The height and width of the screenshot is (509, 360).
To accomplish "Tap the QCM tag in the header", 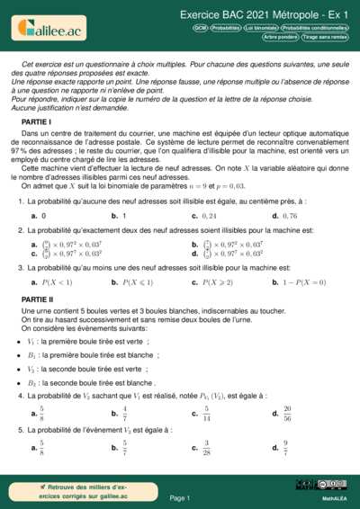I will [201, 28].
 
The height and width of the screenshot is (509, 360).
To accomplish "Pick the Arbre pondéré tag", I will [280, 37].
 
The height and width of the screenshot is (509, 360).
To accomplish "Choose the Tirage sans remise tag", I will [325, 37].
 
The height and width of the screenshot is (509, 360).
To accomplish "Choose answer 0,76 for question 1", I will [290, 217].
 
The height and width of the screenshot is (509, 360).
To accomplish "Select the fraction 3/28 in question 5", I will [207, 446].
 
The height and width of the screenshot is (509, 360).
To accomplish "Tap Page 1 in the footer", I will [180, 497].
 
